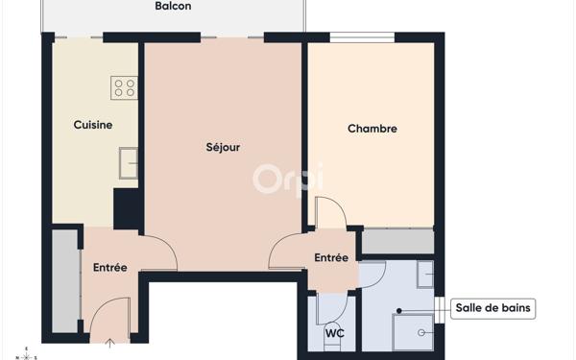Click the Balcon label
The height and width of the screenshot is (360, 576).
click(x=173, y=7)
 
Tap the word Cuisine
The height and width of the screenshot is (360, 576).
click(x=93, y=125)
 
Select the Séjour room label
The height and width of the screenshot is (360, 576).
click(x=223, y=148)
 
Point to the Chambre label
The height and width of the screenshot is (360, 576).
click(x=372, y=129)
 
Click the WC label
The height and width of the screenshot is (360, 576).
click(x=334, y=334)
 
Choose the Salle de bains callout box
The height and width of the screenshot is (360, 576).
click(x=493, y=309)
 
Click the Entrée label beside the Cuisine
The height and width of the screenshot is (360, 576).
click(x=110, y=268)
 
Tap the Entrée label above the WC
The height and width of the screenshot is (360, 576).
click(x=331, y=257)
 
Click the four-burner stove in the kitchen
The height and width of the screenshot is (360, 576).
click(x=125, y=88)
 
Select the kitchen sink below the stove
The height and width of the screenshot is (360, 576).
click(x=128, y=163)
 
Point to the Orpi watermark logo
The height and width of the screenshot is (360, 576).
click(x=287, y=179)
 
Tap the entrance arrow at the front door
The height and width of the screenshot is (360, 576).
click(x=110, y=344)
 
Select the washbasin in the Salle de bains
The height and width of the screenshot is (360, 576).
click(x=424, y=276)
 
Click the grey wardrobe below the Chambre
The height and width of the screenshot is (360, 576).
click(x=397, y=241)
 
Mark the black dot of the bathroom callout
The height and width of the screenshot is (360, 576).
click(x=396, y=311)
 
